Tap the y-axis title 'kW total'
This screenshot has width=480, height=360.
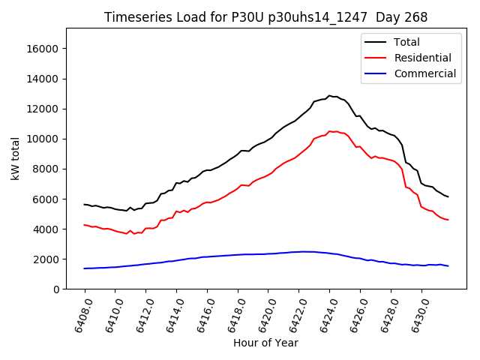pyautogui.click(x=16, y=158)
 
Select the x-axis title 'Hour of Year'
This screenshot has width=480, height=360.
pyautogui.click(x=265, y=343)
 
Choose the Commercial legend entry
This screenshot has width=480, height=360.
pyautogui.click(x=424, y=73)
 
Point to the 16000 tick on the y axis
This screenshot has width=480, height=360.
pyautogui.click(x=43, y=49)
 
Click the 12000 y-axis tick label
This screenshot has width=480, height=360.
pyautogui.click(x=43, y=109)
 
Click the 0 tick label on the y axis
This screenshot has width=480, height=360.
pyautogui.click(x=55, y=289)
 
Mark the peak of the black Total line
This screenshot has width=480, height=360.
pyautogui.click(x=328, y=95)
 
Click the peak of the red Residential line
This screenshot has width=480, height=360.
pyautogui.click(x=329, y=130)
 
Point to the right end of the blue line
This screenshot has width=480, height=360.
pyautogui.click(x=448, y=266)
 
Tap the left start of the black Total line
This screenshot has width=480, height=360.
pyautogui.click(x=85, y=204)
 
